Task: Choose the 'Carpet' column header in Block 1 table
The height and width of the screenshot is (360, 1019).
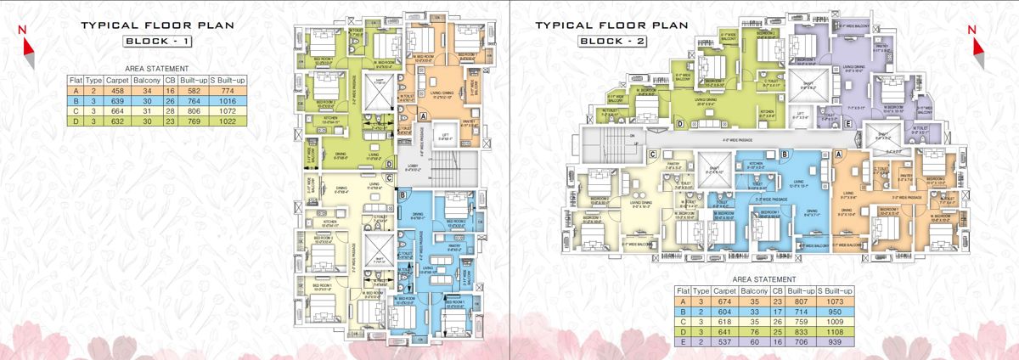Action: (117, 80)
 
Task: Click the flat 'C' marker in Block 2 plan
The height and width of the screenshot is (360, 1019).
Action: (653, 154)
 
